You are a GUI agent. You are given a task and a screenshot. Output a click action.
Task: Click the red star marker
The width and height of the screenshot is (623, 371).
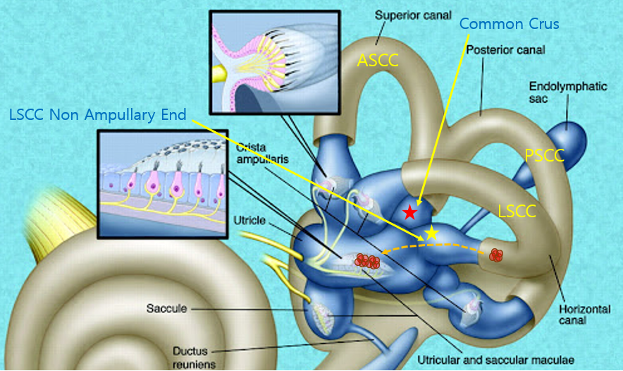pyautogui.click(x=409, y=212)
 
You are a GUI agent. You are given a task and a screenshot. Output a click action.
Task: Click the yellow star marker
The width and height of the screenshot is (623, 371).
pyautogui.click(x=431, y=233)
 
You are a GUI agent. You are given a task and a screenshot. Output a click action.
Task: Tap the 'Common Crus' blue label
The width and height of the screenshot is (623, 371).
pyautogui.click(x=509, y=24)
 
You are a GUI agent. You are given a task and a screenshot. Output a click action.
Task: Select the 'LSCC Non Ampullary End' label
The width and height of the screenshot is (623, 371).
pyautogui.click(x=98, y=115)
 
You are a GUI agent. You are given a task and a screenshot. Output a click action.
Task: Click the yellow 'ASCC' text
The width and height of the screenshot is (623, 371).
pyautogui.click(x=378, y=61)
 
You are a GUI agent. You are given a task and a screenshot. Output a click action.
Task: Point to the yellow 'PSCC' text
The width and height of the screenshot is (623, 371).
pyautogui.click(x=545, y=156)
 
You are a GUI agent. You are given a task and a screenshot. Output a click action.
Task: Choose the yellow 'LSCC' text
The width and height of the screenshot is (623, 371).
pyautogui.click(x=517, y=211)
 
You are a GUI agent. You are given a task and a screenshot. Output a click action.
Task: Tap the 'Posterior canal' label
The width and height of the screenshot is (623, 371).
pyautogui.click(x=505, y=50)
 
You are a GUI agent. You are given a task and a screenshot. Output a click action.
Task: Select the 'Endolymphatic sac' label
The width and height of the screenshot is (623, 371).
pyautogui.click(x=557, y=92)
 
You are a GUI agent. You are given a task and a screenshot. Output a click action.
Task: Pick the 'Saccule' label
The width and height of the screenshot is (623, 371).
pyautogui.click(x=167, y=308)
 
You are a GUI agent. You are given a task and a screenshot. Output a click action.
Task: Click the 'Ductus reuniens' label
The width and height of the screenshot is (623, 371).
pyautogui.click(x=194, y=356)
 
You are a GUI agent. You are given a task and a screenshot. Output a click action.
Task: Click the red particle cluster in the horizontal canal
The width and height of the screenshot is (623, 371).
pyautogui.click(x=496, y=255)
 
